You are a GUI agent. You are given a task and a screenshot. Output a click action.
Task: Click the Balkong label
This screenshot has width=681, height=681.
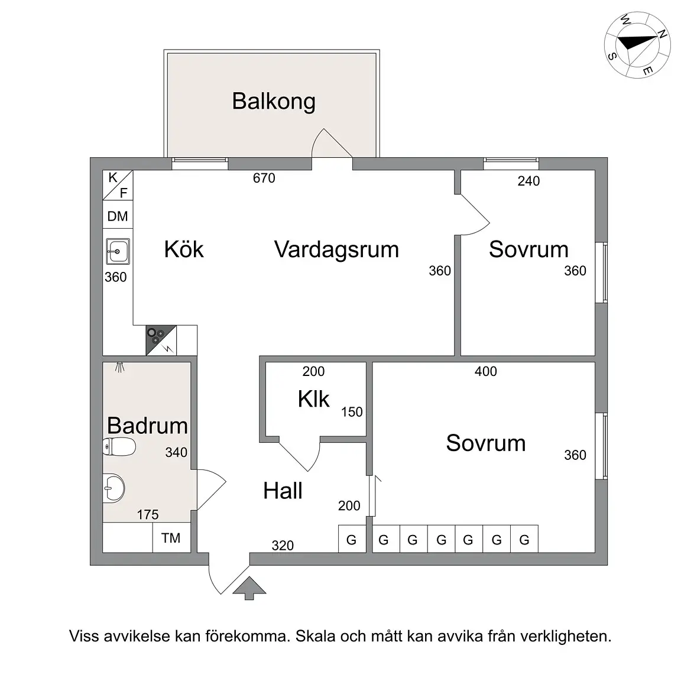click(274, 102)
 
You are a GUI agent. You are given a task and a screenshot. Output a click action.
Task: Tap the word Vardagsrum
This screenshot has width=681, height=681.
click(336, 249)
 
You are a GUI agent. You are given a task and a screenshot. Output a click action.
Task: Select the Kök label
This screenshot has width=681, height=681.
click(184, 249)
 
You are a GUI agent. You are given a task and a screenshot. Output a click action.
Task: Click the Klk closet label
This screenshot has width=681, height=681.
click(313, 398)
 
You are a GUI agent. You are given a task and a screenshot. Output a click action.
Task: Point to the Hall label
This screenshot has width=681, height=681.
click(283, 491)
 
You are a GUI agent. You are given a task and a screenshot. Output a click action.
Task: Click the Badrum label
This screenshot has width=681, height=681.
click(147, 426)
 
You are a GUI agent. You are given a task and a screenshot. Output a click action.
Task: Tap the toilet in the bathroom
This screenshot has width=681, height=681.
click(119, 446)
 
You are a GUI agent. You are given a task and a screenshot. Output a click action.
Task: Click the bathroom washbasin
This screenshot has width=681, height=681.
click(113, 488)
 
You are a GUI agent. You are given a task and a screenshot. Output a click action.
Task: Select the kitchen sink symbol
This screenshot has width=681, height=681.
click(118, 251)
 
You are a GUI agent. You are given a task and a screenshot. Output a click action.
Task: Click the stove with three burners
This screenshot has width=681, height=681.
click(161, 340)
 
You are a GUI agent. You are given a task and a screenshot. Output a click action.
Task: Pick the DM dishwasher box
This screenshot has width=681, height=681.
click(118, 216)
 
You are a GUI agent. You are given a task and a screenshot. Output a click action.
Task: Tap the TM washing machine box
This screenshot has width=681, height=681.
click(171, 538)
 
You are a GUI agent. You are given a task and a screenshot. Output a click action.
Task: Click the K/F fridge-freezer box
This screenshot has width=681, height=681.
click(118, 185)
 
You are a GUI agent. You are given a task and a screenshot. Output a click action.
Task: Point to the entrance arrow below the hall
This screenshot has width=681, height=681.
click(249, 588)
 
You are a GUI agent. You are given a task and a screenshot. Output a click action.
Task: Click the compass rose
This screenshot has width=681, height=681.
click(637, 45)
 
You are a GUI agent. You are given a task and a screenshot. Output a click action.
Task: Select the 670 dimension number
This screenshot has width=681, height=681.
click(264, 178)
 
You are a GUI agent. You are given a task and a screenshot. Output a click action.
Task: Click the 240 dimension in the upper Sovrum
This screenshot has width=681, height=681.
click(528, 181)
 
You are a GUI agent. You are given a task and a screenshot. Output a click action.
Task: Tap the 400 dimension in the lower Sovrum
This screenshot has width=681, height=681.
click(485, 371)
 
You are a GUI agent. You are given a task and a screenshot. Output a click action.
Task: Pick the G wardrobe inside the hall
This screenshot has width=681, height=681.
click(352, 539)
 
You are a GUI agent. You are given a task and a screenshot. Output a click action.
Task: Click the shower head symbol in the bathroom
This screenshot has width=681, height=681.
click(120, 368)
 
